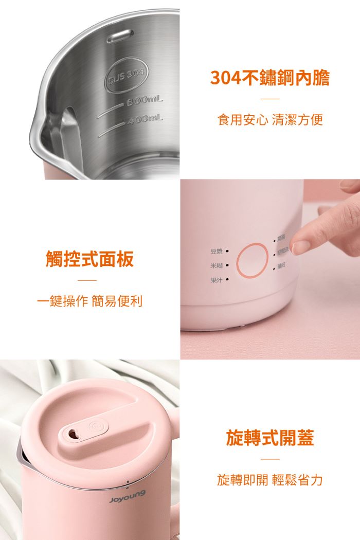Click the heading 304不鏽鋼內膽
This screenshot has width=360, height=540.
pos(270,78)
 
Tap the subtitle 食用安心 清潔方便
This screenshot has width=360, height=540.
pos(270,120)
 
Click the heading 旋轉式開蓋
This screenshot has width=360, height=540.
pos(270,438)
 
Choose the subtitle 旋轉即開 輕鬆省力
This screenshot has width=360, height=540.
pos(270,480)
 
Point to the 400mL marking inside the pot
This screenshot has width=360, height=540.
pos(147,119)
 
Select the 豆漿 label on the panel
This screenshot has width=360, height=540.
pos(216,251)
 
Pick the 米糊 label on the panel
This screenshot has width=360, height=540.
pos(216,265)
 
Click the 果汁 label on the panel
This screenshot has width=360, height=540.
pos(216,280)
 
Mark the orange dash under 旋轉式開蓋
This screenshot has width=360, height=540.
pos(270,459)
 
